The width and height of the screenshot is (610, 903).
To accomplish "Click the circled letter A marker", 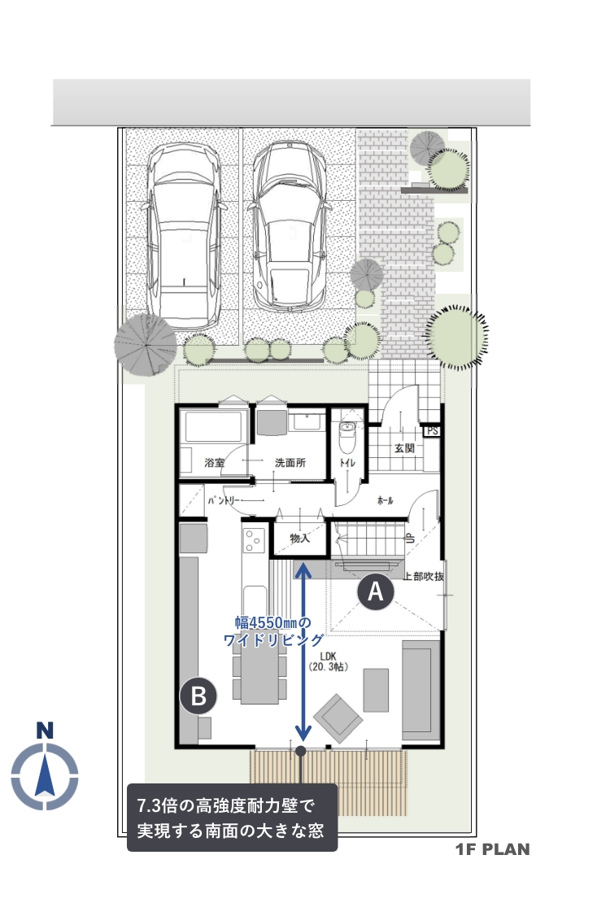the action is (376, 591).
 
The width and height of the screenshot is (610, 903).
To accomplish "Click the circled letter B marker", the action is (198, 696).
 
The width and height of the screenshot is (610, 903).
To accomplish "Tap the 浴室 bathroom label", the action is (214, 462).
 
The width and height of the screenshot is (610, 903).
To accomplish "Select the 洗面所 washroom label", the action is (290, 462).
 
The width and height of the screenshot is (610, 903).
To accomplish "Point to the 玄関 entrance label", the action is (404, 447).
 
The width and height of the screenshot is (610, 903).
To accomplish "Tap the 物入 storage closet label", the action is (300, 539).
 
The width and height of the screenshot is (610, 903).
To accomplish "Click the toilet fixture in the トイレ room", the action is (347, 437).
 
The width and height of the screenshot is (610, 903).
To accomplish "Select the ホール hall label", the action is (385, 500).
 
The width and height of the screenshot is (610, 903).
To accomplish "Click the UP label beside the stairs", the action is (411, 539).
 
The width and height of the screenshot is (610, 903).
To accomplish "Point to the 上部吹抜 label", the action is (424, 576).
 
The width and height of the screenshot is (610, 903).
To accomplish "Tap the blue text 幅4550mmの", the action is (272, 622).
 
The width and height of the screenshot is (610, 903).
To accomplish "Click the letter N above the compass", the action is (45, 730).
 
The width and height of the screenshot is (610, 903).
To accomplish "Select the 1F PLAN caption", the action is (493, 848).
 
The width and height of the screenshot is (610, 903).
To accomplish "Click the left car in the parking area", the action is (183, 236).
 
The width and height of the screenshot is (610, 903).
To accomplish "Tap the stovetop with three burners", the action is (254, 541).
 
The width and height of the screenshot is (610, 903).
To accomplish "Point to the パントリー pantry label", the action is (224, 501).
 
